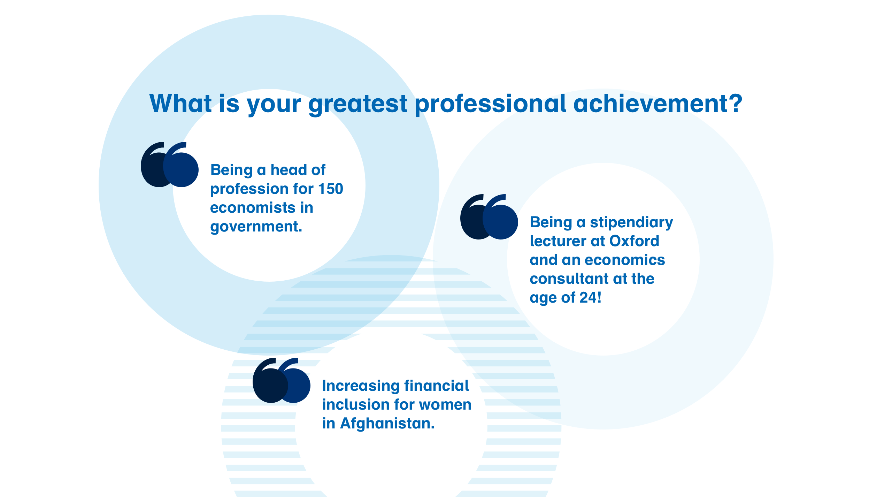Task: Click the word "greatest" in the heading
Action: pyautogui.click(x=358, y=104)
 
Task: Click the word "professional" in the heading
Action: pyautogui.click(x=491, y=104)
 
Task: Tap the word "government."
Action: pyautogui.click(x=256, y=227)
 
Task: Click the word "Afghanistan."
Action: pyautogui.click(x=387, y=424)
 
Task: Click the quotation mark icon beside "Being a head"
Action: pyautogui.click(x=170, y=165)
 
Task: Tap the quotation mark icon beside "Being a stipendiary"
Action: pyautogui.click(x=489, y=217)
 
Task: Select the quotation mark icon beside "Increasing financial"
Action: pyautogui.click(x=282, y=380)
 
